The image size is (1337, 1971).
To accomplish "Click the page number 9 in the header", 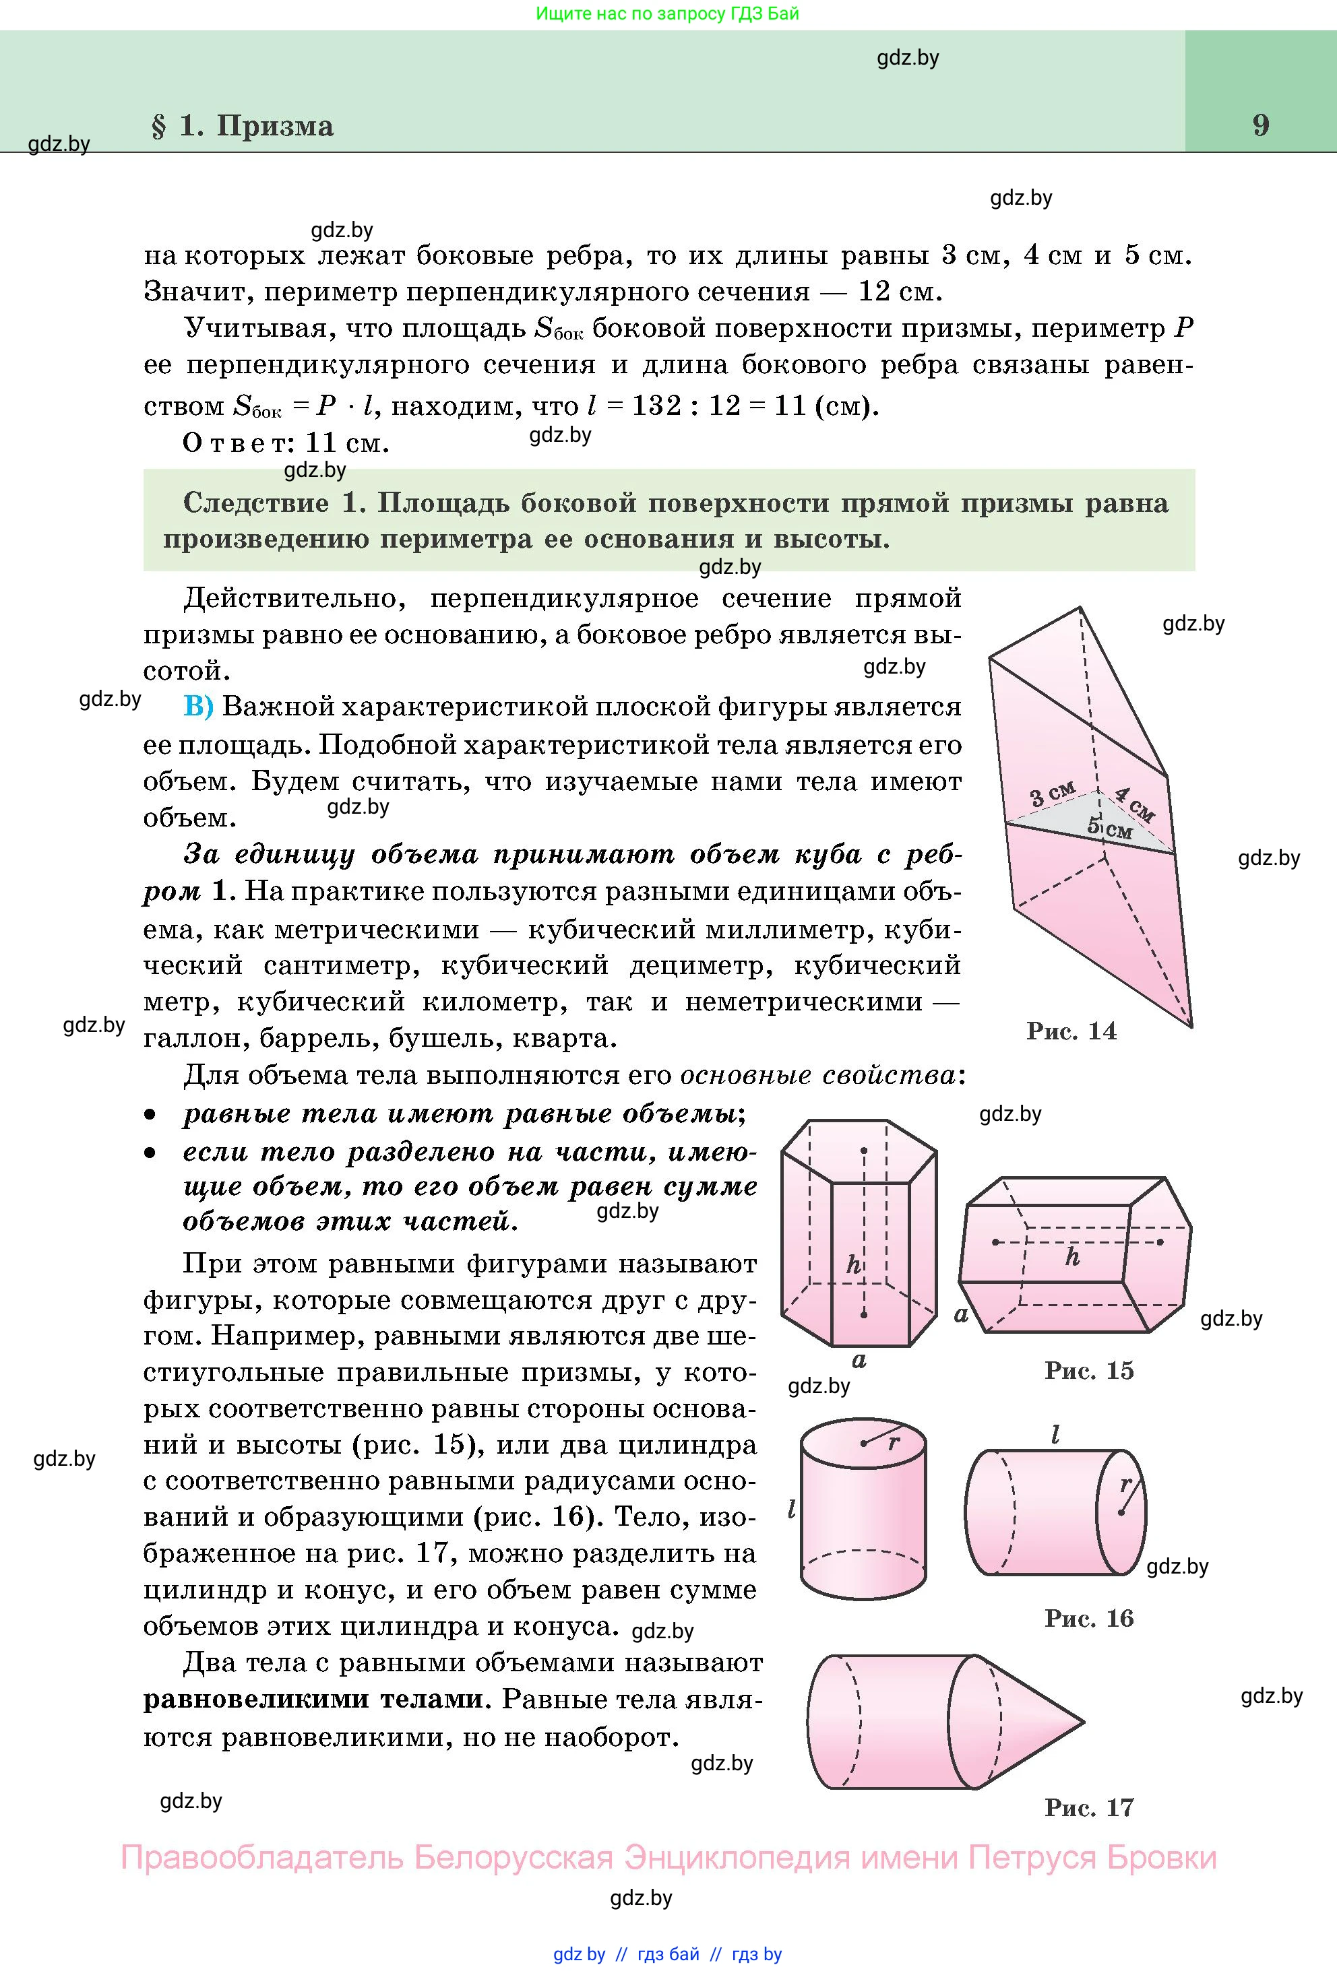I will click(x=1261, y=125).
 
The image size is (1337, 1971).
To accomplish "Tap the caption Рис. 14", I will click(x=1071, y=1031).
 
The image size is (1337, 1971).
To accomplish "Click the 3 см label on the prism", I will click(x=1052, y=795).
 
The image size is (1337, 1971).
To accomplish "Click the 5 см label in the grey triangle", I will click(x=1110, y=828).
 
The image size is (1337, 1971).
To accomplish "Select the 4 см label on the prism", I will click(x=1134, y=804).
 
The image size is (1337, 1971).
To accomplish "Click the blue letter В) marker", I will click(x=199, y=707).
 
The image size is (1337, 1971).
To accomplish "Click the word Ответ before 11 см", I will click(x=237, y=443).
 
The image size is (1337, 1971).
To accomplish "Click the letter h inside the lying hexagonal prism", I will click(x=1071, y=1258).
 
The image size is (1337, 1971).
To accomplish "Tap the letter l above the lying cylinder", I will click(x=1055, y=1434).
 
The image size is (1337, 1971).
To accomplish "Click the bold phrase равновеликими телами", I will click(x=313, y=1700).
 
